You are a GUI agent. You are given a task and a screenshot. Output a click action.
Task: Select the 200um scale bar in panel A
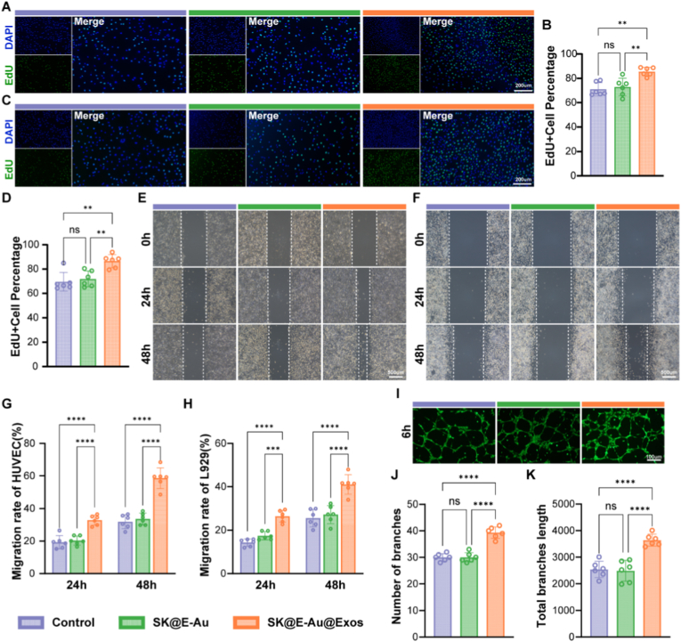(x=522, y=86)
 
